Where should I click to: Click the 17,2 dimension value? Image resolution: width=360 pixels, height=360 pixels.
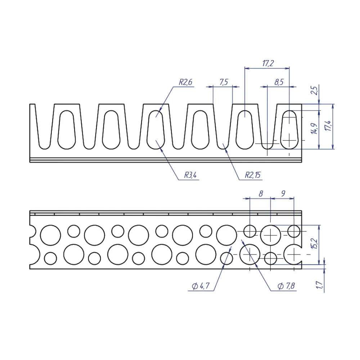[x=268, y=63]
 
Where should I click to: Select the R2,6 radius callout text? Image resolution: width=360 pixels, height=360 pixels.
[x=185, y=82]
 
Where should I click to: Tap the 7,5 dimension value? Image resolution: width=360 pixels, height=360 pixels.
[x=224, y=82]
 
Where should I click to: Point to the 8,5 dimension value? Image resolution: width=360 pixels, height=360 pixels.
[x=279, y=82]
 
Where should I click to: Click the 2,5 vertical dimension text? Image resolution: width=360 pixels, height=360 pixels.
[x=314, y=90]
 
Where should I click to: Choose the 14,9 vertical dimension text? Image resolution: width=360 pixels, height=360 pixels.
[x=314, y=129]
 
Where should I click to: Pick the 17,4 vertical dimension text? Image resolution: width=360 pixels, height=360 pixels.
[x=328, y=126]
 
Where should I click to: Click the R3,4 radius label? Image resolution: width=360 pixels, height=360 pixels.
[x=190, y=175]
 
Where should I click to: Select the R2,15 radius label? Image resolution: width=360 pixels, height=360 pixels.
[x=253, y=175]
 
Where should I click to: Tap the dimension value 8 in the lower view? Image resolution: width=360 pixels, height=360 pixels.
[x=261, y=194]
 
